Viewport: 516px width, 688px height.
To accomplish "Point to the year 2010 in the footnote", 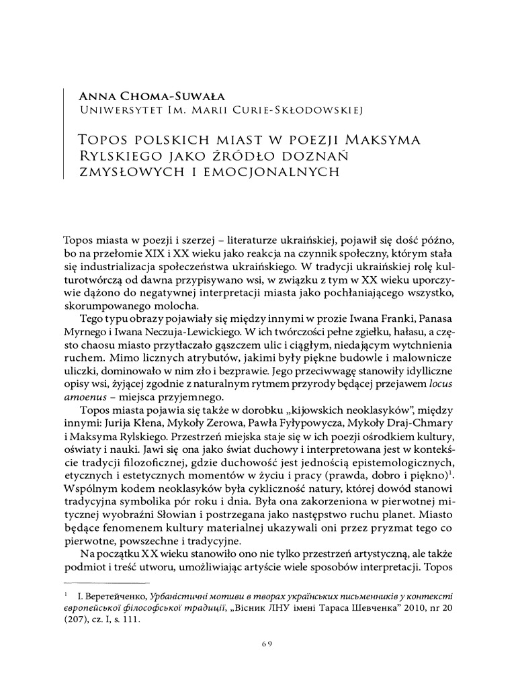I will tap(398, 608).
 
